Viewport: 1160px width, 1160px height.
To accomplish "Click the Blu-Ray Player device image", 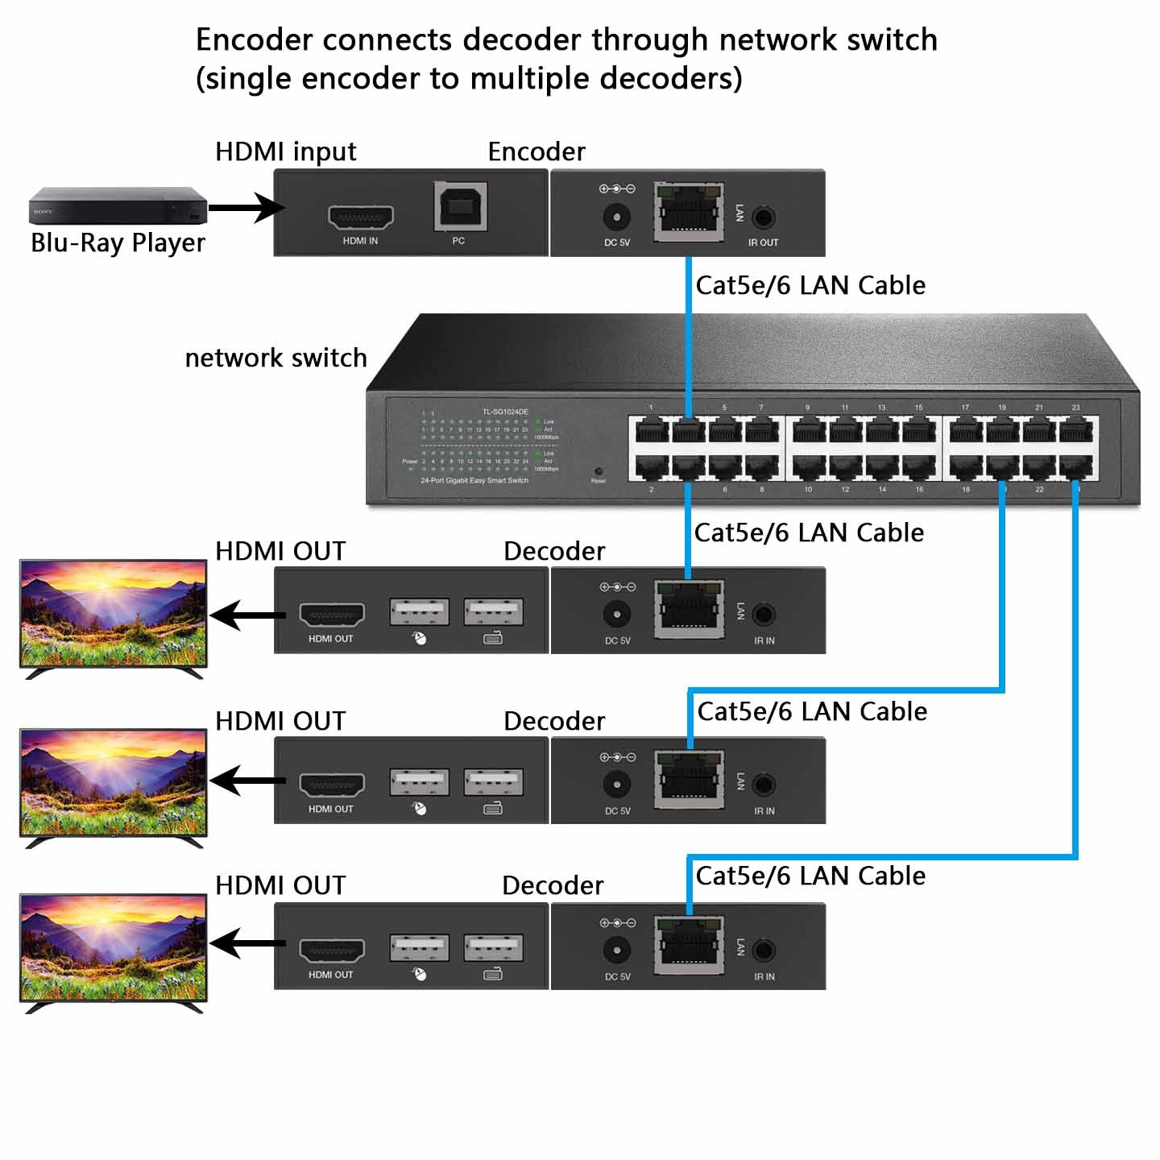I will pyautogui.click(x=118, y=205).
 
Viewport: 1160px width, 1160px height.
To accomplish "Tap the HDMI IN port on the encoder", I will pyautogui.click(x=360, y=217).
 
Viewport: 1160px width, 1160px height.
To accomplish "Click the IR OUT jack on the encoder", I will pyautogui.click(x=763, y=217).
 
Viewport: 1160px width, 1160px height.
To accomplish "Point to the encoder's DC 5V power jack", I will pyautogui.click(x=617, y=217).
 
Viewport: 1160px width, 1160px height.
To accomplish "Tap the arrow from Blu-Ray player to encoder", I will pyautogui.click(x=245, y=208).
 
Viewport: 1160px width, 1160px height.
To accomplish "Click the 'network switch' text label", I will pyautogui.click(x=275, y=358).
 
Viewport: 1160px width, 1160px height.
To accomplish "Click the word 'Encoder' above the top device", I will pyautogui.click(x=536, y=151).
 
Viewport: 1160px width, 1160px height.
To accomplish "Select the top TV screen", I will pyautogui.click(x=113, y=614).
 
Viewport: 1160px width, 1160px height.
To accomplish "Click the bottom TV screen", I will pyautogui.click(x=113, y=947).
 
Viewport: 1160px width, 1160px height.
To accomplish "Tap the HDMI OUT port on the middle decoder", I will pyautogui.click(x=332, y=784).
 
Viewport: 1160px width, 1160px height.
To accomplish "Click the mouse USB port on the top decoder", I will pyautogui.click(x=419, y=612).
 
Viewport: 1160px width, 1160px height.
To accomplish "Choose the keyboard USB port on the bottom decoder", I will pyautogui.click(x=493, y=947).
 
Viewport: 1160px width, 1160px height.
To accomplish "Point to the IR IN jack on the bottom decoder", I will pyautogui.click(x=764, y=951).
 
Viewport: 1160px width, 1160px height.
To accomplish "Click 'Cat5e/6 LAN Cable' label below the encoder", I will pyautogui.click(x=810, y=285).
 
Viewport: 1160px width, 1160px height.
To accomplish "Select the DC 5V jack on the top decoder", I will pyautogui.click(x=617, y=615).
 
